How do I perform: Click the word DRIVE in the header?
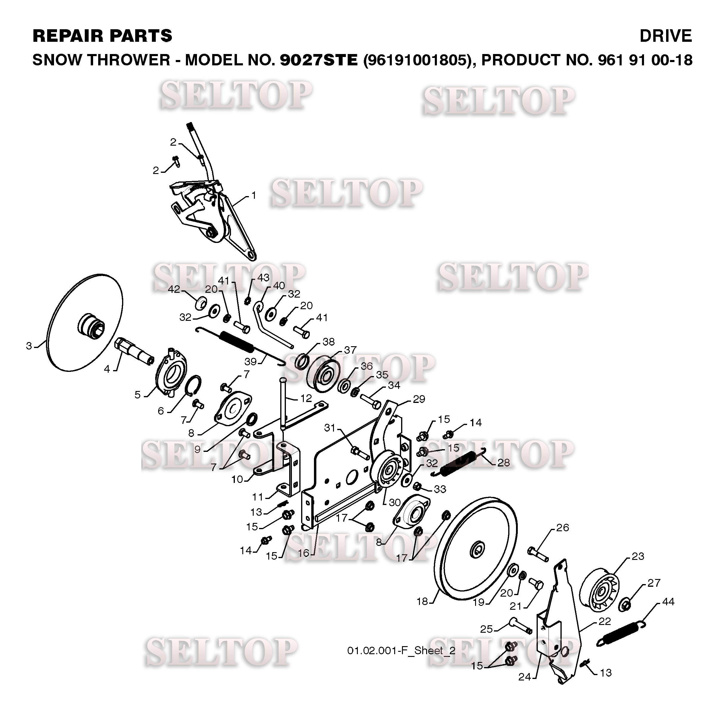coord(665,36)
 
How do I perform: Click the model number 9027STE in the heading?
coord(319,60)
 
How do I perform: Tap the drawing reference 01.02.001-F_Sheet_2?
coord(401,650)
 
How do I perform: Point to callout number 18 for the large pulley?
coord(422,601)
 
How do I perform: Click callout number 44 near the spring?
coord(668,602)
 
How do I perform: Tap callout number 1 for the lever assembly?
coord(254,195)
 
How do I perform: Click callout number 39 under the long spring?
coord(251,361)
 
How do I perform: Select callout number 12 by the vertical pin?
coord(306,398)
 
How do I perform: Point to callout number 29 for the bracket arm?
coord(419,399)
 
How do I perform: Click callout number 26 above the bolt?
coord(563,528)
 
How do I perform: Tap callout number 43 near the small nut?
coord(263,278)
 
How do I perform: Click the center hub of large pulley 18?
coord(477,550)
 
